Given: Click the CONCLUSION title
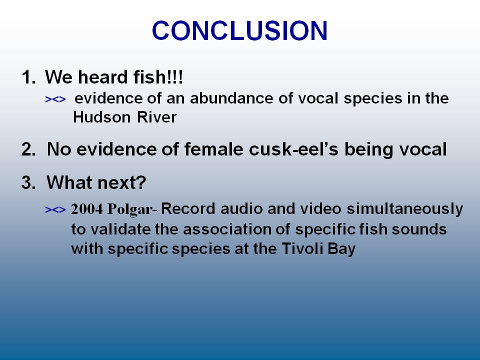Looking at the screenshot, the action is tap(239, 30).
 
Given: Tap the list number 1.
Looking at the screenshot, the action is tap(28, 77).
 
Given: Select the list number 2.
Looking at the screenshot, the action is tap(28, 149).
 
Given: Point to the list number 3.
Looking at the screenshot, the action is tap(28, 182).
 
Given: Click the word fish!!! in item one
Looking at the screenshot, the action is tap(158, 76).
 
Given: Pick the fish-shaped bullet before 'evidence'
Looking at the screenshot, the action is tap(55, 99).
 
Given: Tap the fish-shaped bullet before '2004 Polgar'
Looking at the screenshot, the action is tap(55, 209).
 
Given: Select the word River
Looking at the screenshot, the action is tap(156, 117).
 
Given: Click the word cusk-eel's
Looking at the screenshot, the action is tap(293, 149).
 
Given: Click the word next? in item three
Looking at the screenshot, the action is tap(121, 183).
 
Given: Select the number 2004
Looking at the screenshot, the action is tap(87, 209).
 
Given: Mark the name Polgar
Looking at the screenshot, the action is tap(130, 209).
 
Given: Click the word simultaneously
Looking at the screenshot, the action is tap(404, 209).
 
